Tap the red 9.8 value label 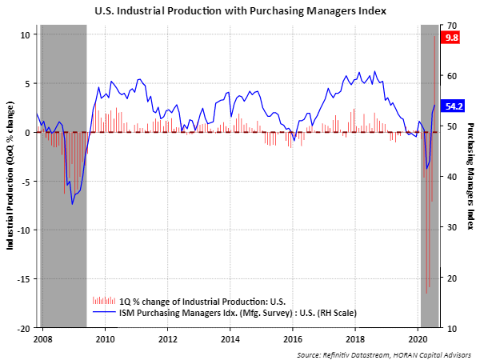pyautogui.click(x=451, y=38)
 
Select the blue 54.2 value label pyautogui.click(x=451, y=106)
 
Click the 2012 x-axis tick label pyautogui.click(x=167, y=338)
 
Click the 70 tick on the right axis pyautogui.click(x=452, y=25)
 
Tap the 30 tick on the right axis pyautogui.click(x=452, y=227)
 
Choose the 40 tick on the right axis pyautogui.click(x=452, y=177)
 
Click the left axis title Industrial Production pyautogui.click(x=10, y=176)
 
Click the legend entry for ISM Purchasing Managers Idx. pyautogui.click(x=224, y=312)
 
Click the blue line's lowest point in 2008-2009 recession pyautogui.click(x=72, y=204)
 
